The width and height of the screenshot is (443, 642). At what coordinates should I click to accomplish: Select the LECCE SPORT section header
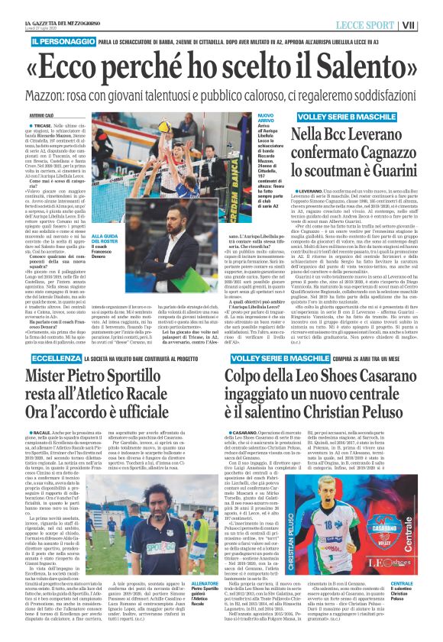(381, 24)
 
